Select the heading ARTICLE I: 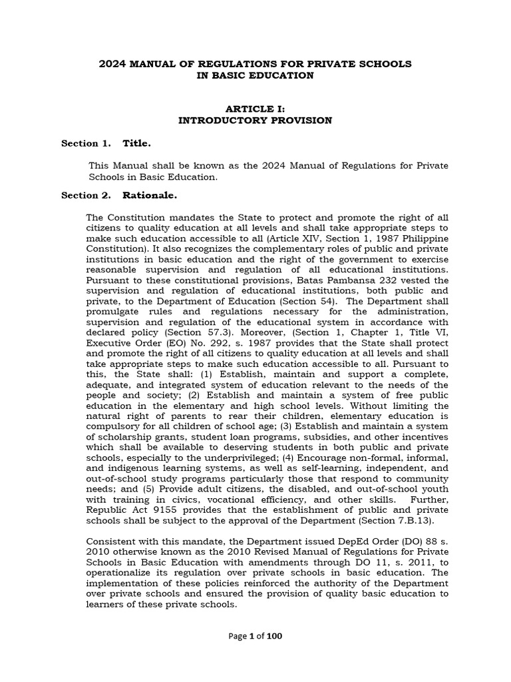tap(255, 109)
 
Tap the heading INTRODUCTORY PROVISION tap(255, 121)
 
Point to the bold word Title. tap(136, 143)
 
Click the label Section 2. tap(86, 196)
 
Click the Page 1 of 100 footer tap(255, 637)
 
